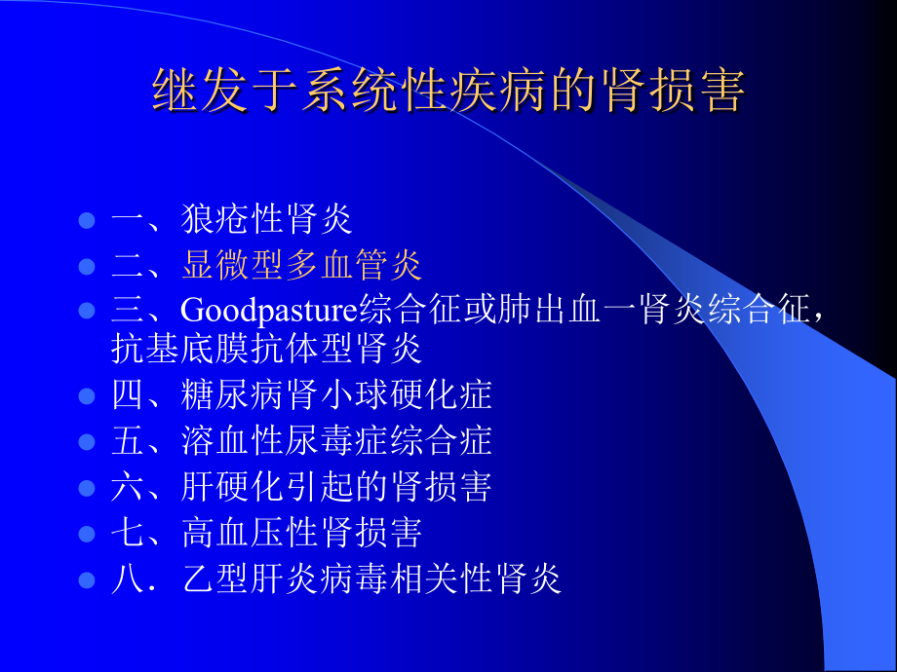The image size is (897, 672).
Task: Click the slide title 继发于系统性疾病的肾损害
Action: click(448, 91)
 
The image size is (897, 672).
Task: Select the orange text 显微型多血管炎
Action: click(301, 265)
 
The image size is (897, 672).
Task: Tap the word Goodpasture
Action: click(269, 312)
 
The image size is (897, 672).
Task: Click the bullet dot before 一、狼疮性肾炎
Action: click(87, 220)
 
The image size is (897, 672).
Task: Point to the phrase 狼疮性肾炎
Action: click(266, 219)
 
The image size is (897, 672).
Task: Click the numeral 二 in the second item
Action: click(127, 266)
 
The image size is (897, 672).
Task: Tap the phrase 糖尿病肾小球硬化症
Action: click(336, 394)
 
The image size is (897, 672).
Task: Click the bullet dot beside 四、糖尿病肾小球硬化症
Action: click(87, 396)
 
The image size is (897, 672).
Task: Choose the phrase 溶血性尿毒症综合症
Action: click(336, 440)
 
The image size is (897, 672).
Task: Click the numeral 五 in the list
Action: click(127, 440)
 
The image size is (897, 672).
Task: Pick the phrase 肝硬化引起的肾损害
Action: click(336, 487)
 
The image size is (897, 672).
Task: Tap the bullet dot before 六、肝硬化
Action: click(87, 488)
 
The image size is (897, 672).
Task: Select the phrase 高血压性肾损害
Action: click(301, 533)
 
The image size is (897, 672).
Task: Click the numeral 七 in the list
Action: click(127, 533)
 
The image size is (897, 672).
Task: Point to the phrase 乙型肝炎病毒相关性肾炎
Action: click(371, 579)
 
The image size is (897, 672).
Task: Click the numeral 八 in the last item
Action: click(127, 579)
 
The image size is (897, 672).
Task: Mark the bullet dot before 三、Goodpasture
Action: click(87, 311)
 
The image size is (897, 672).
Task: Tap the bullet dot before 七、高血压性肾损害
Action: click(87, 534)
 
